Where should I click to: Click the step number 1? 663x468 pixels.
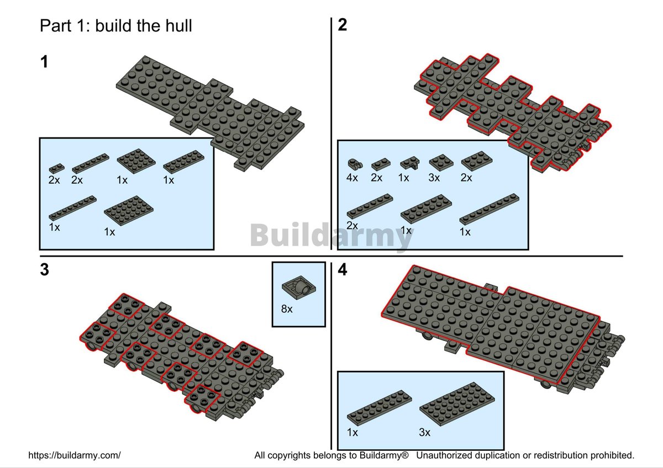point(44,62)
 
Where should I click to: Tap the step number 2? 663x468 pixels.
point(343,25)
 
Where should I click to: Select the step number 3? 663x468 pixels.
point(44,270)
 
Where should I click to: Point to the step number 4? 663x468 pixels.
point(343,270)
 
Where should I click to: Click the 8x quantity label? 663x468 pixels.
point(287,309)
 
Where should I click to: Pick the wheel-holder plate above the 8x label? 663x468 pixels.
point(299,288)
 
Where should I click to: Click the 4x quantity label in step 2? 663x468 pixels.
point(352,178)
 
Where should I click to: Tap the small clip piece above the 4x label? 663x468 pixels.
point(355,163)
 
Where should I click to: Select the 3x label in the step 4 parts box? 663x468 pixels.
point(425,432)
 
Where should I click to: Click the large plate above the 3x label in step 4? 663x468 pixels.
point(457,404)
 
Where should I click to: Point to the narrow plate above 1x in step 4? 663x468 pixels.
point(379,408)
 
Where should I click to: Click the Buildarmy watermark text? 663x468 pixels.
point(331,235)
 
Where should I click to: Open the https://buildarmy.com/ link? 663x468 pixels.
point(74,455)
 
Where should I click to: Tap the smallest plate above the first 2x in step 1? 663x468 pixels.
point(56,168)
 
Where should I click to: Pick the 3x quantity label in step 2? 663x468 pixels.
point(434,178)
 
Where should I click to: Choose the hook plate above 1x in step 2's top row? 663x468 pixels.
point(410,163)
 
